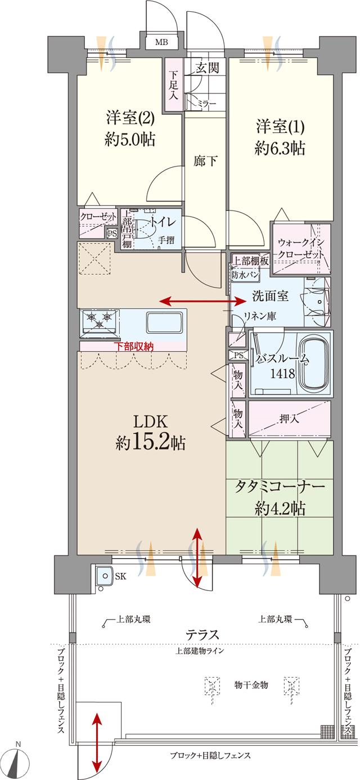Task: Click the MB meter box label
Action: pyautogui.click(x=161, y=43)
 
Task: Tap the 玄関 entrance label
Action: pyautogui.click(x=207, y=68)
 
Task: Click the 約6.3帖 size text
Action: pyautogui.click(x=280, y=148)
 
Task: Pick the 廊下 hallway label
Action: pyautogui.click(x=205, y=160)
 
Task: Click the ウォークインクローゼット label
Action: pyautogui.click(x=300, y=248)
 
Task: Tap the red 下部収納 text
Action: pyautogui.click(x=134, y=347)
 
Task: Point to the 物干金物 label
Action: pyautogui.click(x=251, y=685)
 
